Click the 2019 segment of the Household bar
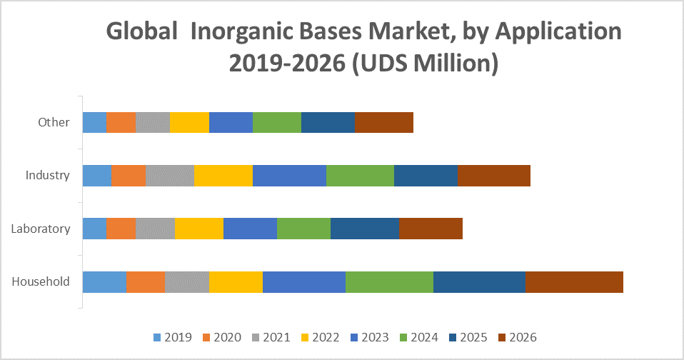click(x=104, y=282)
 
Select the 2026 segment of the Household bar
click(x=574, y=282)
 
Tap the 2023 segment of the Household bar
click(x=304, y=282)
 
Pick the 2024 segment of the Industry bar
click(x=360, y=176)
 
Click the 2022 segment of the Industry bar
click(x=223, y=176)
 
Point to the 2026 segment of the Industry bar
click(x=494, y=176)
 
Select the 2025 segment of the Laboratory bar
click(x=365, y=229)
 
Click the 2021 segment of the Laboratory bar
click(x=155, y=229)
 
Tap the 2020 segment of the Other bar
click(x=121, y=122)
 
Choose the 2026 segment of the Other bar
click(x=384, y=122)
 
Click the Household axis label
click(x=41, y=281)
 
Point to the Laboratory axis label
click(x=41, y=229)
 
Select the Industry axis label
click(x=48, y=175)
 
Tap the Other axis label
click(x=54, y=122)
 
